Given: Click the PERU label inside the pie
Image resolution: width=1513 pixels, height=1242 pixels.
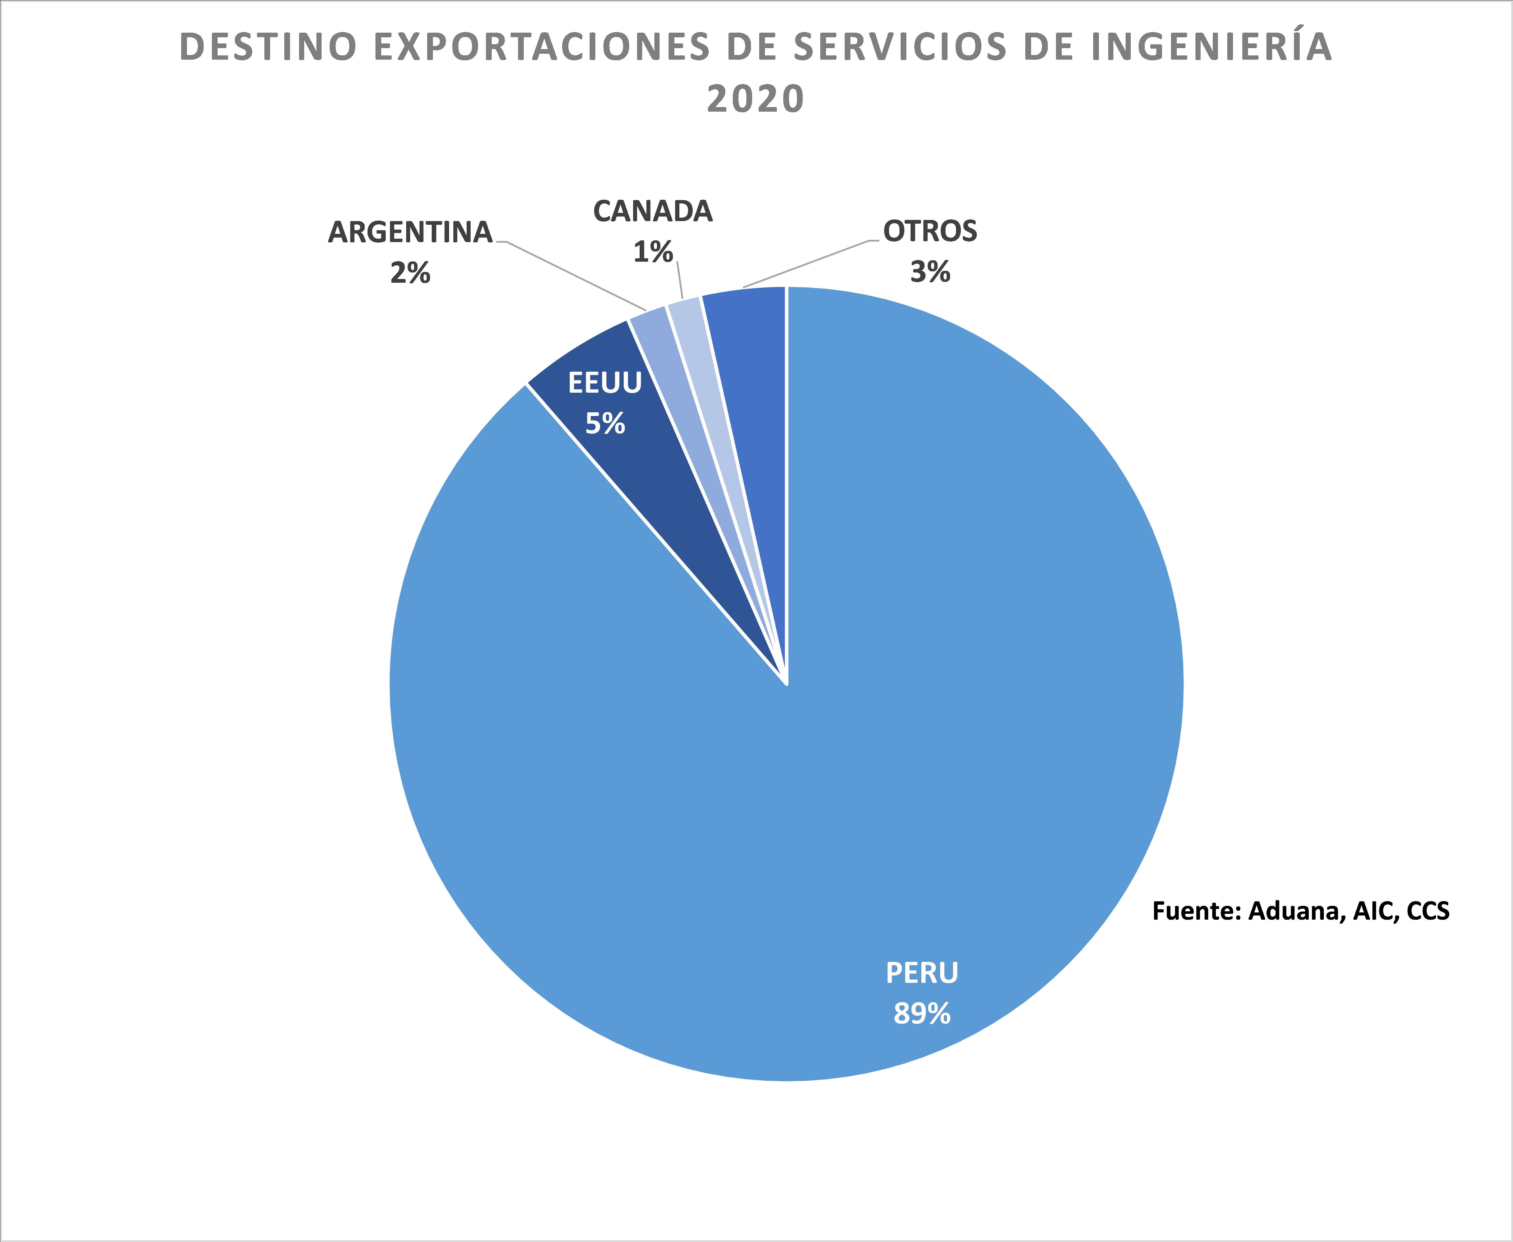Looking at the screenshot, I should [x=922, y=973].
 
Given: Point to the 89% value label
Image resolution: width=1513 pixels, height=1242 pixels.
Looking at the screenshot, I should [x=922, y=1014].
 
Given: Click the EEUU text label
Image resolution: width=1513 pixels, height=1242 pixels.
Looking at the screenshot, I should [x=605, y=384].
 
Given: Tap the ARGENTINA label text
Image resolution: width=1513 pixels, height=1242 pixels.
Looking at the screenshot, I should [x=410, y=232].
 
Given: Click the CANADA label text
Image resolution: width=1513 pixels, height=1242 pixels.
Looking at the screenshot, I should [x=653, y=212].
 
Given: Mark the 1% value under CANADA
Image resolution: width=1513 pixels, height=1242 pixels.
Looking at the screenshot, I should [x=653, y=252].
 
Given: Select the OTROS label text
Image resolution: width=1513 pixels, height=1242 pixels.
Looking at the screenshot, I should [x=930, y=231].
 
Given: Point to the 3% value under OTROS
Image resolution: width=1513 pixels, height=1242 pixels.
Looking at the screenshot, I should [x=930, y=272].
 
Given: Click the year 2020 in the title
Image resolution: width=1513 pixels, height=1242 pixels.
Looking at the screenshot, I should [x=756, y=99].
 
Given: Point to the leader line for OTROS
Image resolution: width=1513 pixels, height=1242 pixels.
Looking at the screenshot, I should [x=808, y=265].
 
